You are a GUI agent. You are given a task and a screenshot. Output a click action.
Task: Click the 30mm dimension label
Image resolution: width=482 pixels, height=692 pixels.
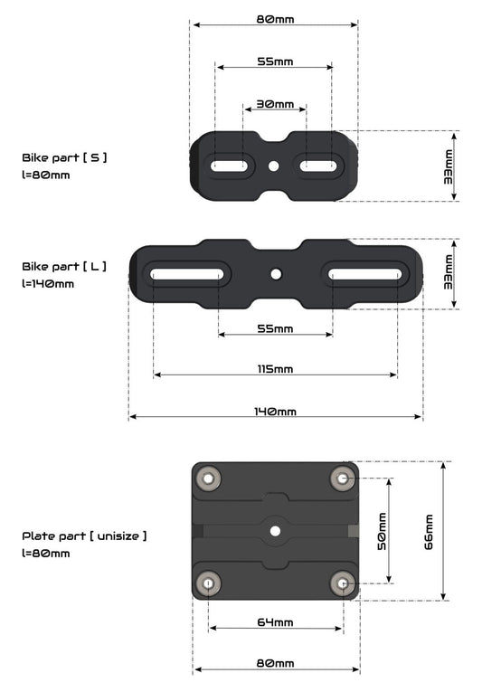(275, 104)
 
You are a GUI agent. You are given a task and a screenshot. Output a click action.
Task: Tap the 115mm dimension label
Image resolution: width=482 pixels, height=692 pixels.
(276, 369)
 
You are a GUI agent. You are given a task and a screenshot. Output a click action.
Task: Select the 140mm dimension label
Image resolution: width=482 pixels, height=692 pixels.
(275, 412)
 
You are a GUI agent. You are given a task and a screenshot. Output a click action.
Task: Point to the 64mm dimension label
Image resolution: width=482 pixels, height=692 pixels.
(276, 622)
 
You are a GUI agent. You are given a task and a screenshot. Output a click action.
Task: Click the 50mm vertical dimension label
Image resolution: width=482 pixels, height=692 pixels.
(382, 531)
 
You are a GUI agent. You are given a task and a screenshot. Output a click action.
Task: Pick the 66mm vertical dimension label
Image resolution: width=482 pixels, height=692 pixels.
(428, 532)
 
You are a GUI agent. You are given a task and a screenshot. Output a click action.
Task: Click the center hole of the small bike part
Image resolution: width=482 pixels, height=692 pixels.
(274, 166)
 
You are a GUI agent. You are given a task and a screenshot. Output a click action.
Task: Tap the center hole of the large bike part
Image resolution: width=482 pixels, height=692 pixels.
(277, 274)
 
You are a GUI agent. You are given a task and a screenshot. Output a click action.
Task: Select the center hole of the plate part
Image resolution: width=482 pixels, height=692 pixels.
(275, 531)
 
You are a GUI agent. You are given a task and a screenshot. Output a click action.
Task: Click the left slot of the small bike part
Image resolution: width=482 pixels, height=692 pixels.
(229, 166)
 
